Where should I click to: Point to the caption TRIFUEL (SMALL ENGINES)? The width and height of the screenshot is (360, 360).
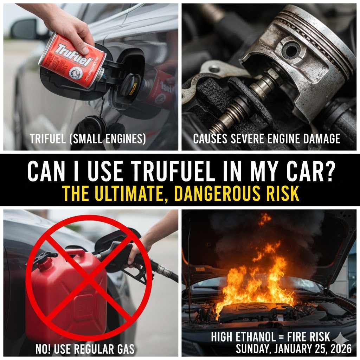click(x=88, y=139)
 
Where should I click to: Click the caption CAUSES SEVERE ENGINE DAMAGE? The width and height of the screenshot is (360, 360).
click(x=266, y=139)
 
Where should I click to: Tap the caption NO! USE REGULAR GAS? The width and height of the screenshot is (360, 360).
click(x=85, y=349)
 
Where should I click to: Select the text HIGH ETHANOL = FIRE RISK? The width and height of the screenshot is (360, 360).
click(x=270, y=337)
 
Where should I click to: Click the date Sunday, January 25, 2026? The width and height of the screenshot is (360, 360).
click(x=294, y=349)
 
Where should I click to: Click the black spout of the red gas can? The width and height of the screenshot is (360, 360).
click(x=44, y=257)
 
